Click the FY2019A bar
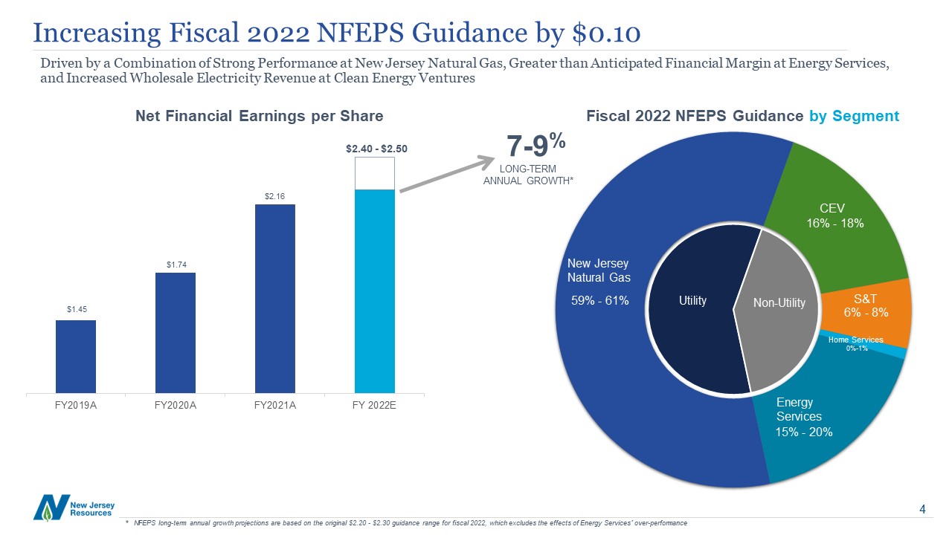(76, 356)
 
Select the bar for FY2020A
(176, 332)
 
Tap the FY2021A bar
(275, 298)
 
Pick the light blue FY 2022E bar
(375, 291)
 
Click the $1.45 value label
(76, 309)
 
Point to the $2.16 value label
(275, 196)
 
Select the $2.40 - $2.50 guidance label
(376, 149)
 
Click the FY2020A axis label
(176, 406)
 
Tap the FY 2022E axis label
(375, 406)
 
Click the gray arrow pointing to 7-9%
(446, 175)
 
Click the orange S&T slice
(866, 305)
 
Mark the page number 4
(922, 510)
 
